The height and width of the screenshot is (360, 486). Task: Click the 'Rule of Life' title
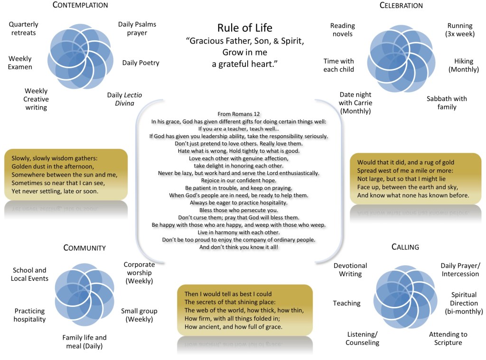click(245, 28)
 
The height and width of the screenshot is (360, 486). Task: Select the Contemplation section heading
click(80, 5)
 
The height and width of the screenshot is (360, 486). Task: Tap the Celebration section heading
click(401, 6)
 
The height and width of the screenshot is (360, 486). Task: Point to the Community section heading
click(84, 248)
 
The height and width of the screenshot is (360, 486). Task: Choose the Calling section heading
click(405, 247)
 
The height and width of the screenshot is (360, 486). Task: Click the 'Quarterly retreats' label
click(23, 28)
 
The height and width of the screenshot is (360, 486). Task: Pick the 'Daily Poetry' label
click(140, 63)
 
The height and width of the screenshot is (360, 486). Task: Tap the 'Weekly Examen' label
click(20, 63)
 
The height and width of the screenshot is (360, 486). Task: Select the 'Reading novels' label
click(342, 30)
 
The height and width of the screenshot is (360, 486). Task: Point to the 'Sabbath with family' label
click(447, 103)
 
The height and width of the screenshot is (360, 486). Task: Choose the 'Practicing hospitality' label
click(29, 315)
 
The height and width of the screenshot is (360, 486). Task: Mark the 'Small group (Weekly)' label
click(139, 315)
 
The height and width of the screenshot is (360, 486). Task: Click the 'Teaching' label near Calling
click(346, 303)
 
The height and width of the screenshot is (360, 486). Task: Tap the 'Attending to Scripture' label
click(448, 338)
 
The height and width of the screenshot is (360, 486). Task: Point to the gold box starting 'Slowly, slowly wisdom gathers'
click(66, 174)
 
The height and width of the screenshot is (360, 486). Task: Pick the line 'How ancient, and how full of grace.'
click(233, 327)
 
